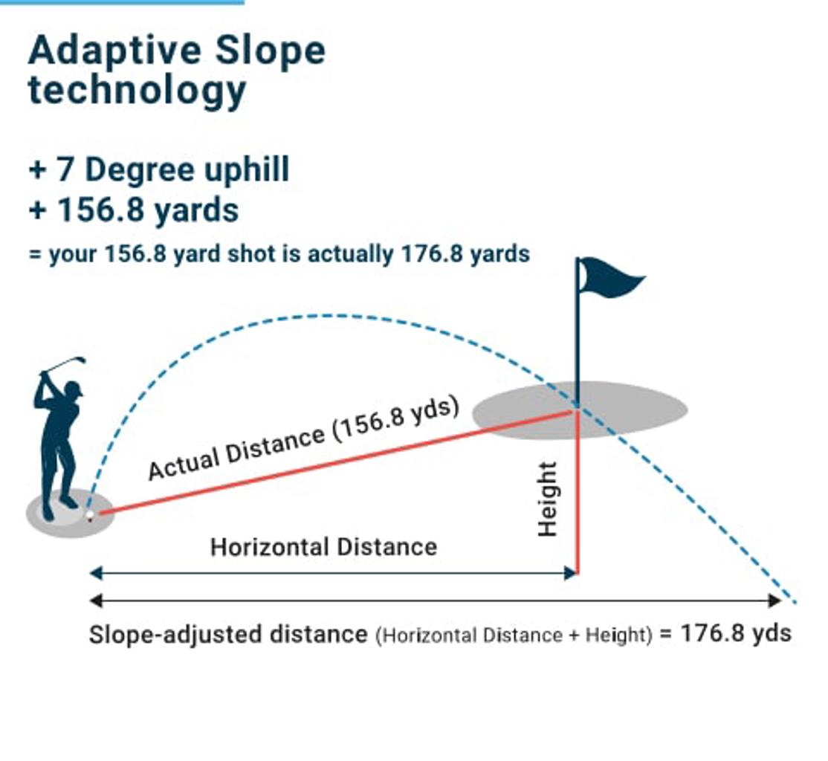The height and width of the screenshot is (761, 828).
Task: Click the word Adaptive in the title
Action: tap(114, 51)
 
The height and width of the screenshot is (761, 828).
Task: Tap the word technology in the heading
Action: tap(138, 91)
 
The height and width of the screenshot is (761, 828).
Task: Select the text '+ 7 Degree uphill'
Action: tap(159, 170)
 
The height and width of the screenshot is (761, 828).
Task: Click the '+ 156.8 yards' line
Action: tap(134, 210)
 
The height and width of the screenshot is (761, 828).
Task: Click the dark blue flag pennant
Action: tap(610, 276)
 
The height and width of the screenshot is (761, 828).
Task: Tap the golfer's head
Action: tap(74, 389)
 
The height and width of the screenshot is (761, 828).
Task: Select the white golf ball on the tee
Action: tap(90, 514)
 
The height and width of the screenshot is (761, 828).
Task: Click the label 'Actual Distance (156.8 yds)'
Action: tap(304, 438)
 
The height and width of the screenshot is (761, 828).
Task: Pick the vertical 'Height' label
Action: tap(547, 499)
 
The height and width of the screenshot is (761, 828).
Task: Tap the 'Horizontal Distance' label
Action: tap(324, 547)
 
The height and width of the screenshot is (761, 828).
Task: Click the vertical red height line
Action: tap(578, 492)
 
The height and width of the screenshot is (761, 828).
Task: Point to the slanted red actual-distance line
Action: tap(337, 462)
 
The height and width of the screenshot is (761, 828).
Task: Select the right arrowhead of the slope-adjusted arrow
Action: tap(774, 600)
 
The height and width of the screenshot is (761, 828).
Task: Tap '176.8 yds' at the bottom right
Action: tap(736, 632)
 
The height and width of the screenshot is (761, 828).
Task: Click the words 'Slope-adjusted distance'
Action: tap(228, 634)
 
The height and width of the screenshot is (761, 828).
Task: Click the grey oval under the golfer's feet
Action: tap(70, 514)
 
